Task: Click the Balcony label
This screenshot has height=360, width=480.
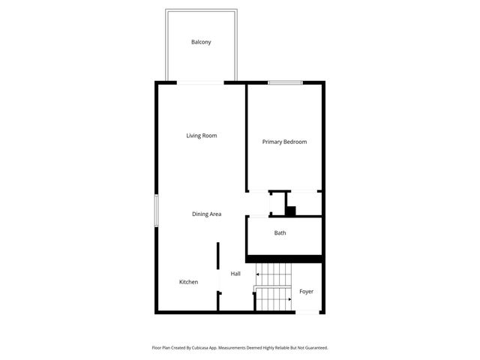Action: pos(201,42)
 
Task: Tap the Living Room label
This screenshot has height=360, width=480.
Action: pos(202,136)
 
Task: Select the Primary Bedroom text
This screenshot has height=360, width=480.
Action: pos(284,142)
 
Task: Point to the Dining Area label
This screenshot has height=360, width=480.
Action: pos(206,214)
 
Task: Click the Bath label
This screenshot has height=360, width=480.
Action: pos(280,233)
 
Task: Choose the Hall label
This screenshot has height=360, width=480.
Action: pos(235,274)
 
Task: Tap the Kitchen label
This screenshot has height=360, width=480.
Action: pos(188,282)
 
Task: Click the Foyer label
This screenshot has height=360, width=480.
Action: pos(306,291)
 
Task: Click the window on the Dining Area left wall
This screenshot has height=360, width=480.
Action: pos(156,210)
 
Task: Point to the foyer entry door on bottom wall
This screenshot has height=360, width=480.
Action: pos(307,311)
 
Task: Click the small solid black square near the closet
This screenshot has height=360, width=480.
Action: pos(291,211)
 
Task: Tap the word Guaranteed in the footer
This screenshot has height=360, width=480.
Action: pos(314,348)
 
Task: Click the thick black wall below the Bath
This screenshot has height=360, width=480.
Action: pos(285,259)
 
